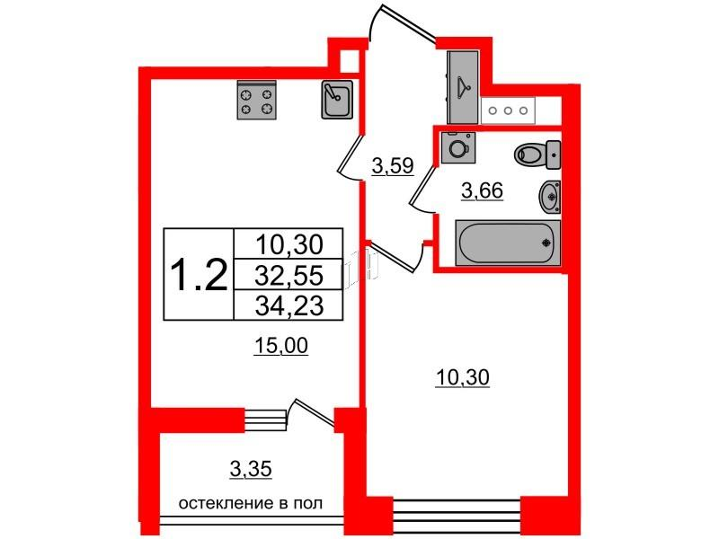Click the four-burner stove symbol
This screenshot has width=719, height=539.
(x=255, y=101)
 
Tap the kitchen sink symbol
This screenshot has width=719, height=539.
(x=336, y=100)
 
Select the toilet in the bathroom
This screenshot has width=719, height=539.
(x=537, y=155)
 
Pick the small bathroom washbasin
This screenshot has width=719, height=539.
(x=550, y=194)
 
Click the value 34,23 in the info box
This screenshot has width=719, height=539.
(x=287, y=305)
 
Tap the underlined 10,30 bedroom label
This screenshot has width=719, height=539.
(x=462, y=380)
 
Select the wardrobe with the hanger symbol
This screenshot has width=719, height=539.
(x=463, y=86)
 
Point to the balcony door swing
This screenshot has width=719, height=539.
(x=306, y=415)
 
